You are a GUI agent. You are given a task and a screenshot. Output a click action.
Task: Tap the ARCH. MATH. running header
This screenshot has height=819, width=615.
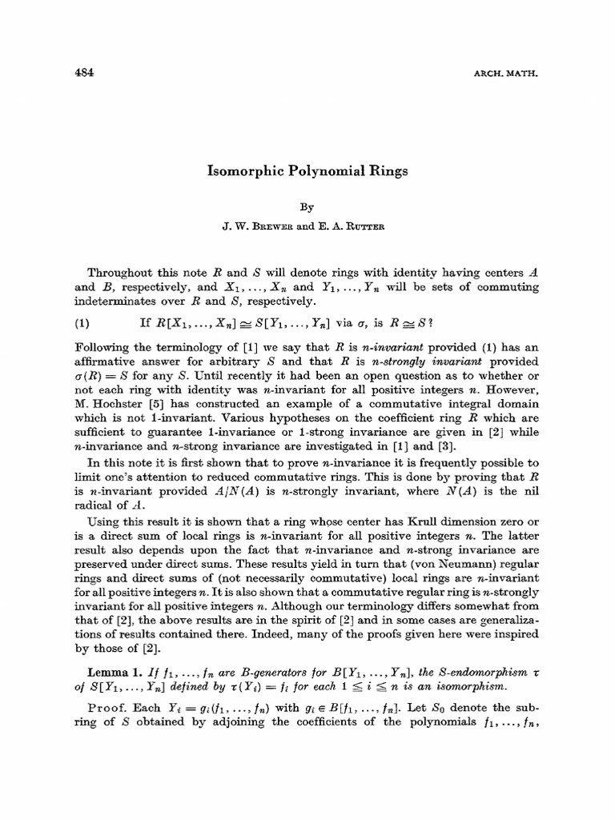point(508,74)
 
